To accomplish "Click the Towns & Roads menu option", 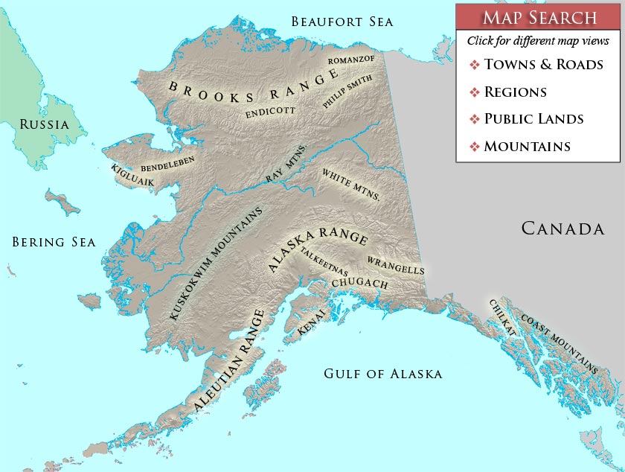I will (x=542, y=65).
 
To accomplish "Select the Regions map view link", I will (x=515, y=92).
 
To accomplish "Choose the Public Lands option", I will (x=533, y=119).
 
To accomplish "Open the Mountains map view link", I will (x=527, y=147).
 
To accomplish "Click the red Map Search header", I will (x=538, y=18).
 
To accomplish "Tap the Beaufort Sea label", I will (x=342, y=22).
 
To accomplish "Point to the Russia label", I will (x=44, y=124).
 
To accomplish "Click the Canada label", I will (x=562, y=228).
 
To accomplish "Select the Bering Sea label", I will (x=54, y=242).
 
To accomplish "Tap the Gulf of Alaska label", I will (x=382, y=374).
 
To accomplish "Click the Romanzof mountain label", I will (x=350, y=58).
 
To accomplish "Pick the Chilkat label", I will (x=502, y=317).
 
